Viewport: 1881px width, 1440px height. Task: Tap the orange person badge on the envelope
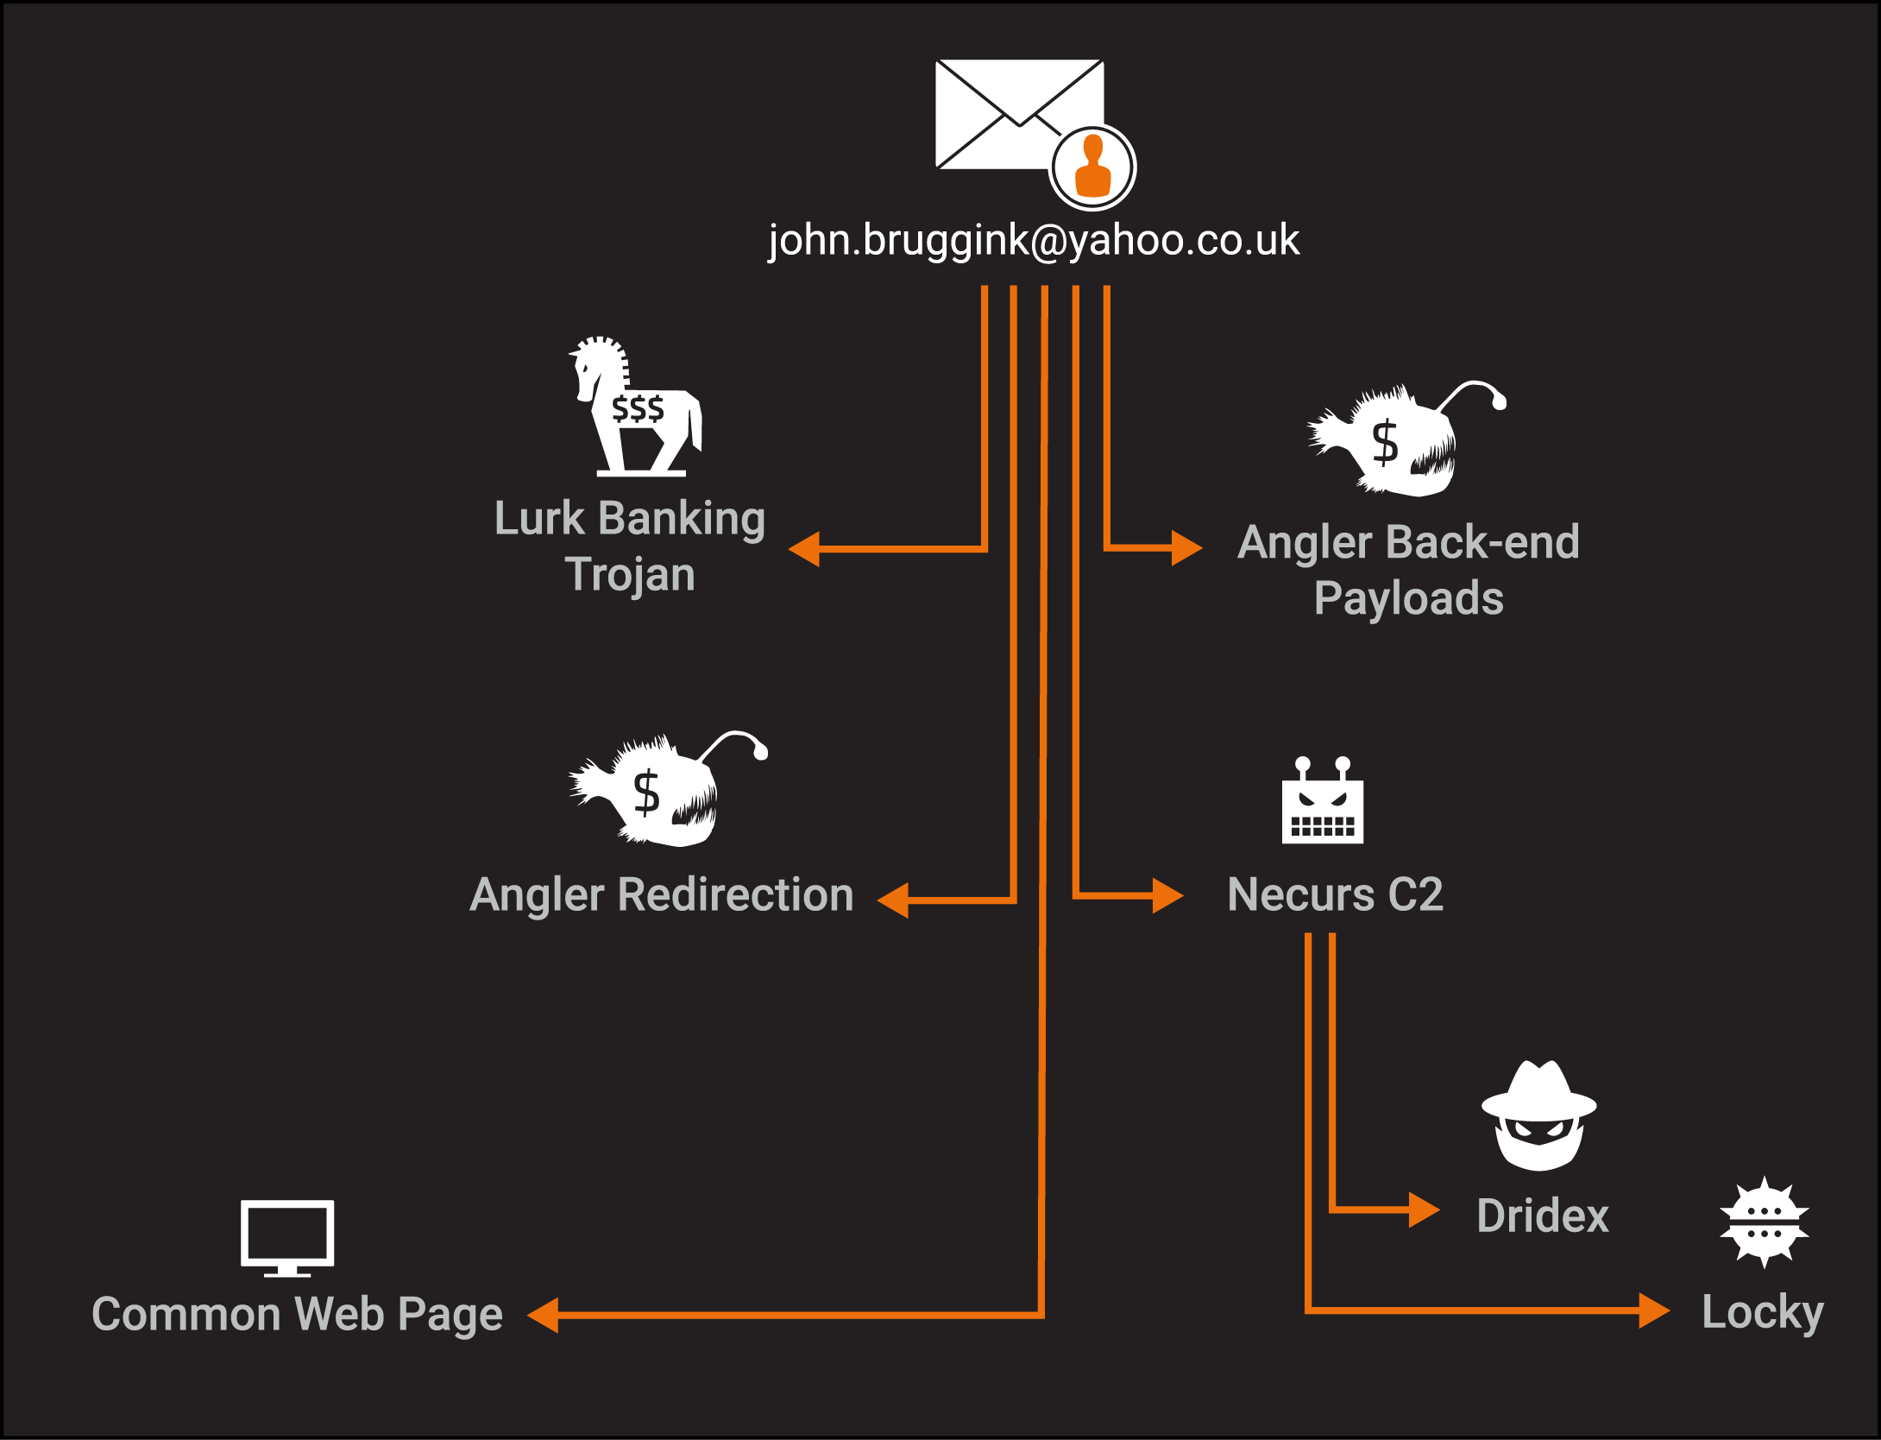[x=1092, y=167]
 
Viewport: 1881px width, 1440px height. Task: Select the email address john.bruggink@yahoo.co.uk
[x=1034, y=240]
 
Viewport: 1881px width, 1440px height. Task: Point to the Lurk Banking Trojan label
[x=630, y=546]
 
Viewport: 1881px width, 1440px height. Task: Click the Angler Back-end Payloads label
[x=1408, y=570]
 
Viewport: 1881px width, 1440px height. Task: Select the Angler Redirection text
[x=661, y=894]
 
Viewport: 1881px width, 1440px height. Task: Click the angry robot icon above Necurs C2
[x=1322, y=803]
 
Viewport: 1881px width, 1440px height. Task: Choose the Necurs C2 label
[x=1335, y=894]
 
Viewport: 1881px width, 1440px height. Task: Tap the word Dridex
[x=1543, y=1216]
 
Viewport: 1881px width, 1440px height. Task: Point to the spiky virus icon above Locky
[x=1764, y=1222]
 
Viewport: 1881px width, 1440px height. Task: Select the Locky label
[x=1762, y=1312]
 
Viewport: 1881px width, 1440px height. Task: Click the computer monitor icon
[x=287, y=1236]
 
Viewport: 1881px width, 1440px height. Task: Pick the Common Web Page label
[x=297, y=1314]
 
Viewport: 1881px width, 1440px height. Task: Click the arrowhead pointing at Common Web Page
[x=544, y=1316]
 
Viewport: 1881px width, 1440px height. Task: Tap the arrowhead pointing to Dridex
[x=1424, y=1209]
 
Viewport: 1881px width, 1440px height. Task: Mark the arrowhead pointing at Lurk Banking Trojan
[x=804, y=549]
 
